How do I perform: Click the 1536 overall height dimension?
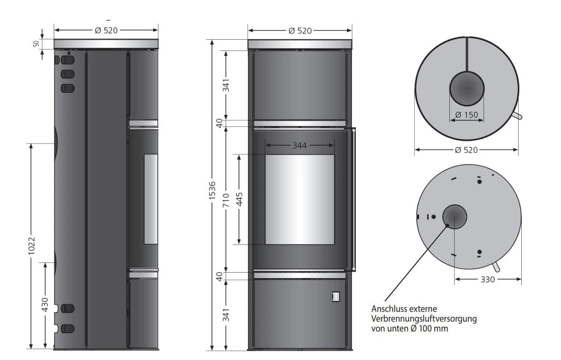(x=213, y=191)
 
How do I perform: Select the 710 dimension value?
(x=226, y=200)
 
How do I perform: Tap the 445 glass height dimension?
(x=240, y=198)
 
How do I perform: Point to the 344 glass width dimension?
(x=300, y=145)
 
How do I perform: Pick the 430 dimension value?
(x=45, y=304)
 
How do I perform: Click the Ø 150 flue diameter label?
(x=467, y=115)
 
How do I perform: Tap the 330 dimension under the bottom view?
(x=488, y=279)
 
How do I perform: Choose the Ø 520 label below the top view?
(x=466, y=150)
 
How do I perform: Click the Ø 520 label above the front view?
(x=300, y=31)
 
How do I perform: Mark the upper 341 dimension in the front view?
(x=226, y=85)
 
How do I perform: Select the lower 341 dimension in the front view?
(x=226, y=315)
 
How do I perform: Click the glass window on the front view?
(x=300, y=200)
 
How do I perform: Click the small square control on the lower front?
(x=336, y=296)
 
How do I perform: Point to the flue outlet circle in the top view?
(x=467, y=89)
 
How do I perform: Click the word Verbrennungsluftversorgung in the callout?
(x=424, y=319)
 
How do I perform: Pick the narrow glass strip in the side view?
(x=151, y=199)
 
